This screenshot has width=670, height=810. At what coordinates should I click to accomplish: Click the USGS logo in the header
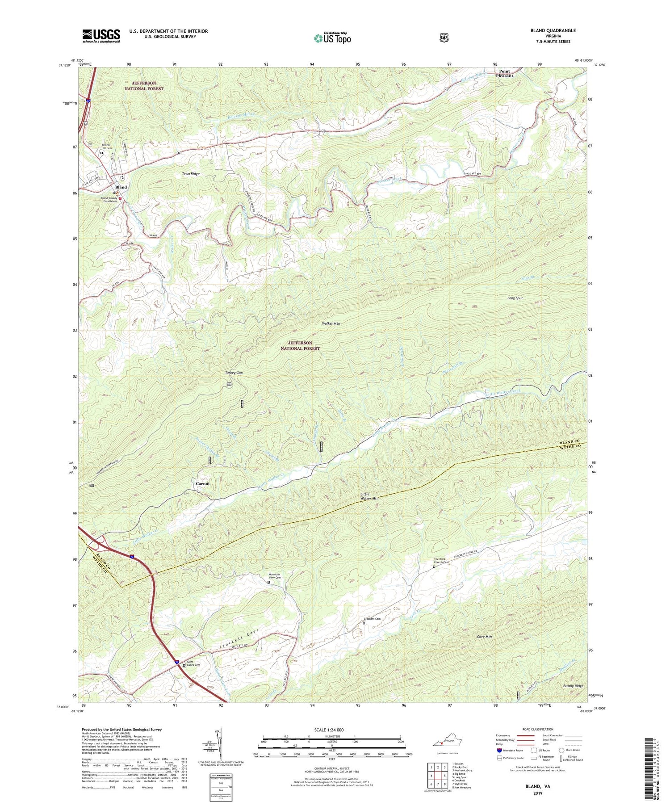click(101, 36)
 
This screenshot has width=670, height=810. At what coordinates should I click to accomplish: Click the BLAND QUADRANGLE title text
click(554, 30)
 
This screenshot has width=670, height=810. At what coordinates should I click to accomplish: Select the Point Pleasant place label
click(504, 74)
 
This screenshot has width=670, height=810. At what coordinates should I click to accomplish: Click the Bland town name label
click(121, 187)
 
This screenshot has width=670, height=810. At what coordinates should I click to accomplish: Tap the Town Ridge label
click(191, 173)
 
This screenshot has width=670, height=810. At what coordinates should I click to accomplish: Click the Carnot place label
click(202, 483)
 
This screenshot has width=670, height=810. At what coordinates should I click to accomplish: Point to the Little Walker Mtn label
click(369, 496)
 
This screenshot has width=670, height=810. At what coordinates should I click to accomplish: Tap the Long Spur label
click(515, 298)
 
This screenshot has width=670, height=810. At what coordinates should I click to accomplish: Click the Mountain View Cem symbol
click(269, 582)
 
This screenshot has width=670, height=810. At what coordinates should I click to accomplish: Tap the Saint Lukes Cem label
click(193, 664)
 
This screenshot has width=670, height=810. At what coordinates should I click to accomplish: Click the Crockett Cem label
click(372, 619)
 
